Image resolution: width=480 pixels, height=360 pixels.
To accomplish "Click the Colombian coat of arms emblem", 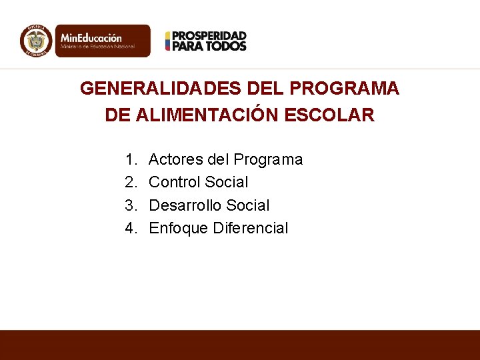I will click(x=36, y=41).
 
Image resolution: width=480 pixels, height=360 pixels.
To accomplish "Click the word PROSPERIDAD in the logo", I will click(x=209, y=35).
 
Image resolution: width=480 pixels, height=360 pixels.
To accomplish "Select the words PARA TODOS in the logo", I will click(x=209, y=46).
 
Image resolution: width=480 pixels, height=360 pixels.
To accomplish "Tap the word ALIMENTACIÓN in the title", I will click(x=207, y=115).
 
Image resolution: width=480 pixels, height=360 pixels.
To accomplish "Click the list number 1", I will click(x=129, y=159).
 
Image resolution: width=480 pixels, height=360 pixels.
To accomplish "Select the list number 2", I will click(x=129, y=182).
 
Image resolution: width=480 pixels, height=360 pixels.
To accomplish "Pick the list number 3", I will click(x=129, y=205).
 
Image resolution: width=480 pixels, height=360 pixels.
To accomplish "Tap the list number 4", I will click(x=129, y=228).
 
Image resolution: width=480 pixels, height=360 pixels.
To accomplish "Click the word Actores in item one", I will click(x=175, y=159).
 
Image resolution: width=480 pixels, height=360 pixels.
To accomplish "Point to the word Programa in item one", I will click(x=268, y=160).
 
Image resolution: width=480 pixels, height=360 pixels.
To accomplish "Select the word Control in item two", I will click(x=175, y=182).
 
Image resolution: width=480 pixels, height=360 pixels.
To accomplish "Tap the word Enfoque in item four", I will click(x=179, y=229).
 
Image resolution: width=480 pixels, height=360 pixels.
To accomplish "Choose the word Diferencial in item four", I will click(x=251, y=228).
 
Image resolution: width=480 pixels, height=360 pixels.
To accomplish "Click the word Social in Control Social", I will click(x=227, y=182).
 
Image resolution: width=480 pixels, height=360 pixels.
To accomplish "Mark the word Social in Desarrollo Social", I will click(x=249, y=205).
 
